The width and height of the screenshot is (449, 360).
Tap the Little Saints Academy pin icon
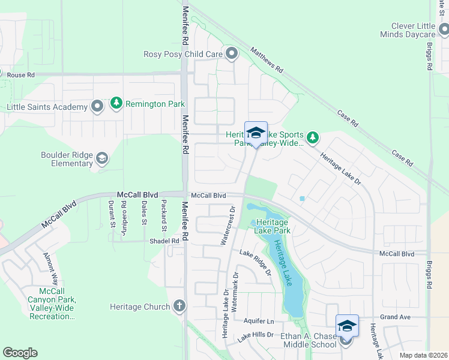pos(97,107)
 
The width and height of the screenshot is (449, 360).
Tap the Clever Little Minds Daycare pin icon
pos(443,29)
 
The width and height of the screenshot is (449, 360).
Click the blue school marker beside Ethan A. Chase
pos(346,326)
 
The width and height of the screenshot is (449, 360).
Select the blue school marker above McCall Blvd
pos(256,133)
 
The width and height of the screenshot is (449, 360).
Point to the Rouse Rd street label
pos(21,75)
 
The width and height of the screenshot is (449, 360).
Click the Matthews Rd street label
pos(267,61)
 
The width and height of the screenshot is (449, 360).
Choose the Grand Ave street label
pos(394,316)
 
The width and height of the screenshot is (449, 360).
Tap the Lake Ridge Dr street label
pos(256,263)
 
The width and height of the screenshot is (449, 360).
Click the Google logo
pos(20,353)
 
